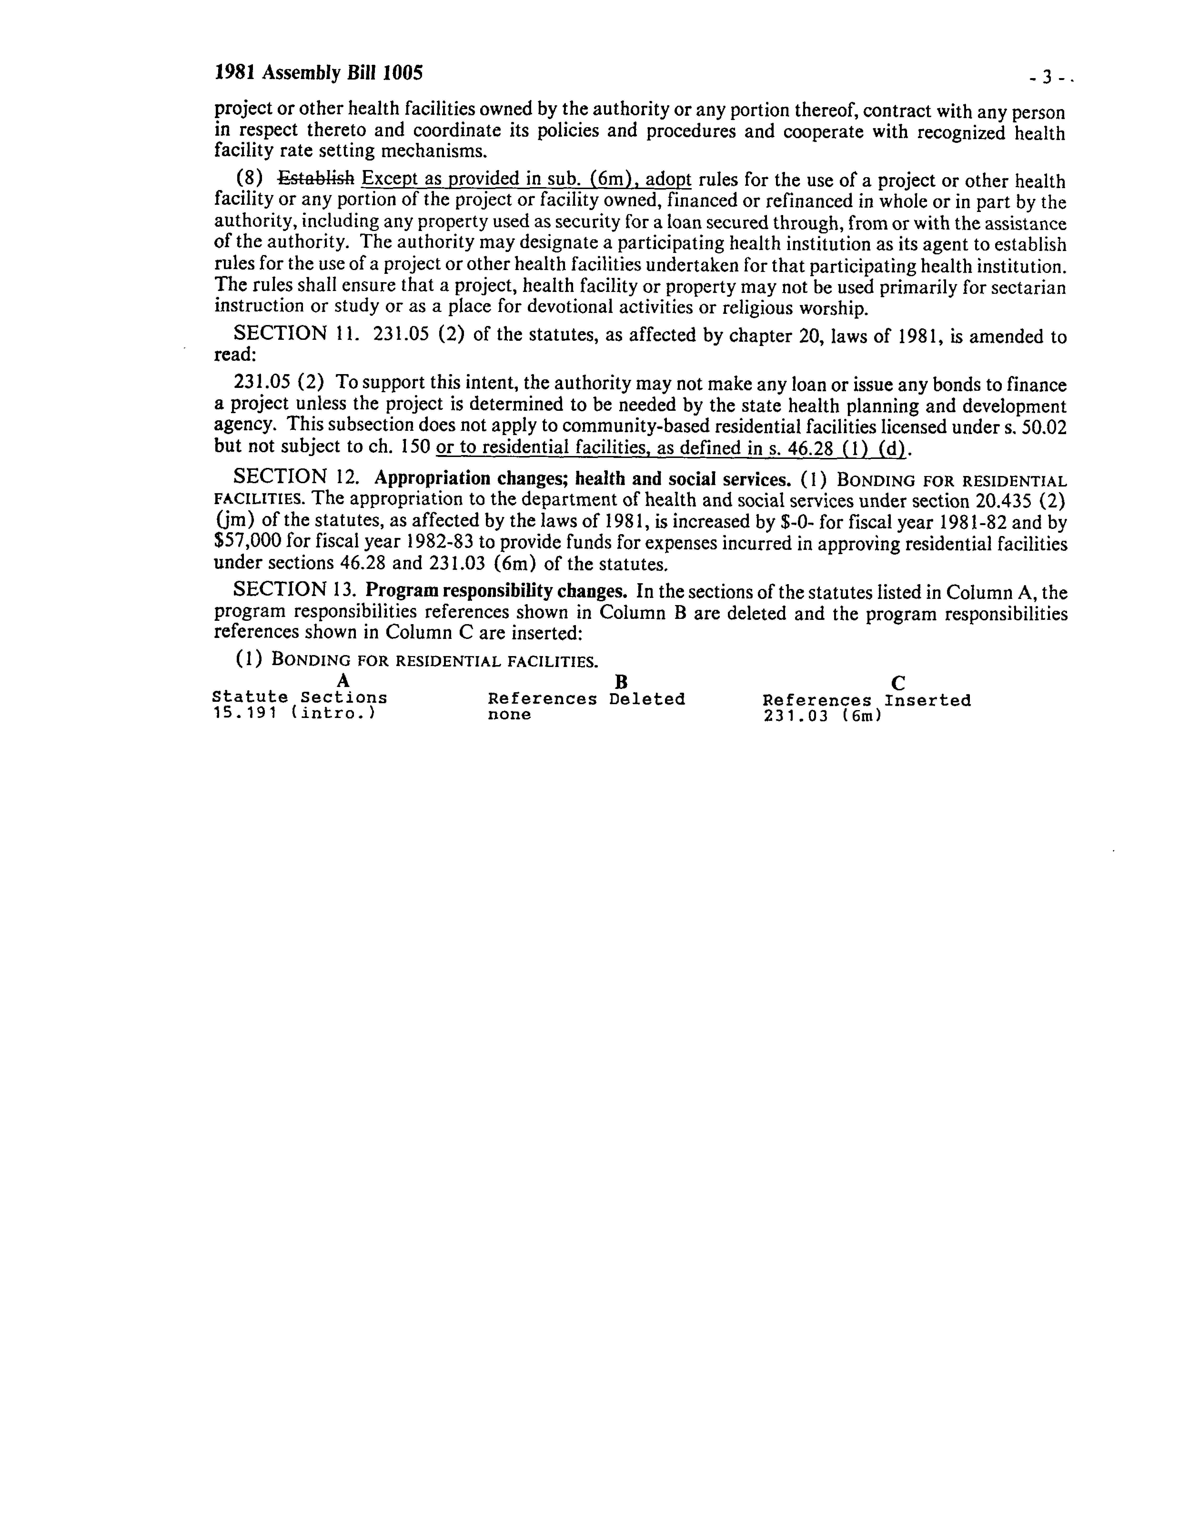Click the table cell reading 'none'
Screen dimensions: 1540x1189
(x=509, y=714)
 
